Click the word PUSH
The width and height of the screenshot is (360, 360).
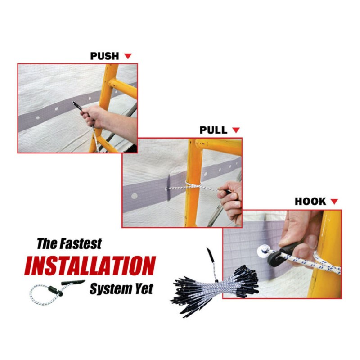tap(104, 56)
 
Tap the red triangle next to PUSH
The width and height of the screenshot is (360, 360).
tap(128, 56)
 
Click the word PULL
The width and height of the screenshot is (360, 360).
tap(213, 130)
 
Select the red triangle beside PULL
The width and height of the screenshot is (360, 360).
tap(236, 130)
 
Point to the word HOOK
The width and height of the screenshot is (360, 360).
tap(310, 202)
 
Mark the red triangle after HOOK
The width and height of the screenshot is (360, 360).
tap(334, 202)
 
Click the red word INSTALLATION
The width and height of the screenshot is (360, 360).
tap(90, 265)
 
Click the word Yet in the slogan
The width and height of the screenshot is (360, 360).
tap(144, 288)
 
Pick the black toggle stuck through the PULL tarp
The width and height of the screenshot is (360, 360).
tap(169, 188)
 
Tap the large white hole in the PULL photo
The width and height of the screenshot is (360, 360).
tap(134, 196)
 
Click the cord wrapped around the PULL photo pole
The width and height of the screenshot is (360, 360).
tap(193, 185)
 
